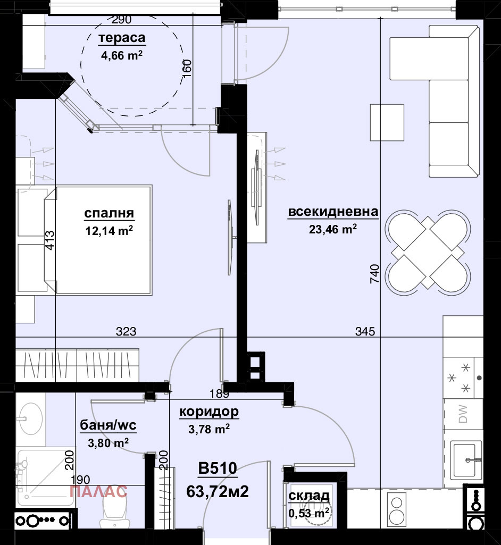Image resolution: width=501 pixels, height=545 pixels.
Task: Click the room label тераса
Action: tap(122, 38)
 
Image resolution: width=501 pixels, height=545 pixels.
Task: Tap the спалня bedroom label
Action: tap(109, 213)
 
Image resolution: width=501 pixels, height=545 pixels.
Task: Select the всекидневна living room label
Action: tap(333, 212)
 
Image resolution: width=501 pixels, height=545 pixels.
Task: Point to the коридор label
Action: tap(209, 412)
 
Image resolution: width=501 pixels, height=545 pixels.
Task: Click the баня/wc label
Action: tap(108, 425)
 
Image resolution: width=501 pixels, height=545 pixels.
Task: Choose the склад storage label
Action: tap(308, 496)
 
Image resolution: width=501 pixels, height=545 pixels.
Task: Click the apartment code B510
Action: tap(218, 468)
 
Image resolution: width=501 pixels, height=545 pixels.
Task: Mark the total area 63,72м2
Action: tap(218, 491)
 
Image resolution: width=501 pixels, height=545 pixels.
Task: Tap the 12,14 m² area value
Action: tap(109, 230)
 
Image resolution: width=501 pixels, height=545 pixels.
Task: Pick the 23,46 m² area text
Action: tap(333, 229)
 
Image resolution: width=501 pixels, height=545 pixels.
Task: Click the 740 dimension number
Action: tap(374, 273)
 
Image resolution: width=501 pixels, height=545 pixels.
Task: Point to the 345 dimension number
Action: tap(365, 332)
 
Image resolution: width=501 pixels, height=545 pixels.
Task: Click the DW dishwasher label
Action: tap(463, 414)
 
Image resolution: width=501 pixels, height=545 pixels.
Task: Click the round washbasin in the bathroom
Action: tap(31, 418)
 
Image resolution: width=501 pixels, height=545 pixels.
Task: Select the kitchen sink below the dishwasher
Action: tap(466, 459)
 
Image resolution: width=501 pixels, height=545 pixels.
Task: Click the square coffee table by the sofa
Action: tap(387, 122)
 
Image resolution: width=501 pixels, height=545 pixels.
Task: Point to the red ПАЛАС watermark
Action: tap(99, 491)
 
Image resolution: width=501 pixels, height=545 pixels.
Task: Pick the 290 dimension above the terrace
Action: tap(122, 20)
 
